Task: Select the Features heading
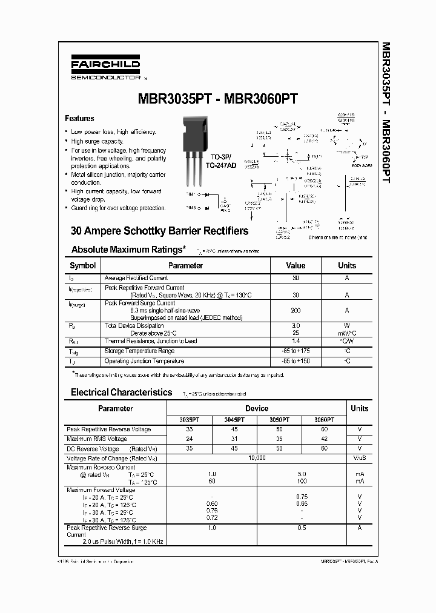(x=79, y=119)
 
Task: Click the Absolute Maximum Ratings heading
(x=128, y=250)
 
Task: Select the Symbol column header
(x=82, y=265)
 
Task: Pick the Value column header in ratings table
(x=296, y=265)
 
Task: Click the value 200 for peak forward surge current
(x=296, y=310)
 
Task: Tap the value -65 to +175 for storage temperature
(x=296, y=351)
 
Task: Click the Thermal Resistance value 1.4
(x=296, y=341)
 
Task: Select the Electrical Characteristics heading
(x=121, y=393)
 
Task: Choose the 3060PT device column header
(x=324, y=419)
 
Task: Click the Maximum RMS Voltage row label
(x=97, y=439)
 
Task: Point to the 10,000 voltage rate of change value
(x=257, y=458)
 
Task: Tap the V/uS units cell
(x=359, y=458)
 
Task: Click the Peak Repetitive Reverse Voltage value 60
(x=324, y=429)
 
